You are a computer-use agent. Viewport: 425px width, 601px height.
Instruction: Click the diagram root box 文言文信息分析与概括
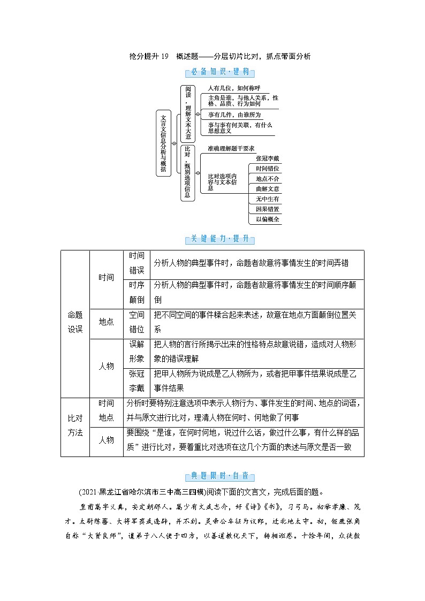[x=163, y=143]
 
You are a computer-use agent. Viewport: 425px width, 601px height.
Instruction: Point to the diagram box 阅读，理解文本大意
[x=187, y=111]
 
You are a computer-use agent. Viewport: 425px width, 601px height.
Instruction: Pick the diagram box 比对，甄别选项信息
[x=187, y=172]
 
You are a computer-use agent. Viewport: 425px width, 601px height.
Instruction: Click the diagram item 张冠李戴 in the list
[x=267, y=158]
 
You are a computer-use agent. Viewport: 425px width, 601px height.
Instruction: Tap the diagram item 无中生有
[x=267, y=199]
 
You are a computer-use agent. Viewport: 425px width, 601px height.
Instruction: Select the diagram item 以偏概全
[x=267, y=219]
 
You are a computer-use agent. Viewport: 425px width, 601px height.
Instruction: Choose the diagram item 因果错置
[x=267, y=209]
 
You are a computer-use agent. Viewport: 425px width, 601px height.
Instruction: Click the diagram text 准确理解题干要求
[x=231, y=148]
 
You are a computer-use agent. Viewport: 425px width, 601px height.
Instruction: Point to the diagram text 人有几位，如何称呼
[x=234, y=88]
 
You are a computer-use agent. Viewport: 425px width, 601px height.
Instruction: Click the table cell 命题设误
[x=75, y=323]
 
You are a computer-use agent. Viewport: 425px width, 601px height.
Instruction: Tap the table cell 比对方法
[x=75, y=427]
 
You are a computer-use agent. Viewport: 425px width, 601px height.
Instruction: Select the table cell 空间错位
[x=136, y=323]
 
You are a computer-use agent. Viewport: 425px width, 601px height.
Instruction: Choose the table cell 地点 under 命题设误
[x=106, y=322]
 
